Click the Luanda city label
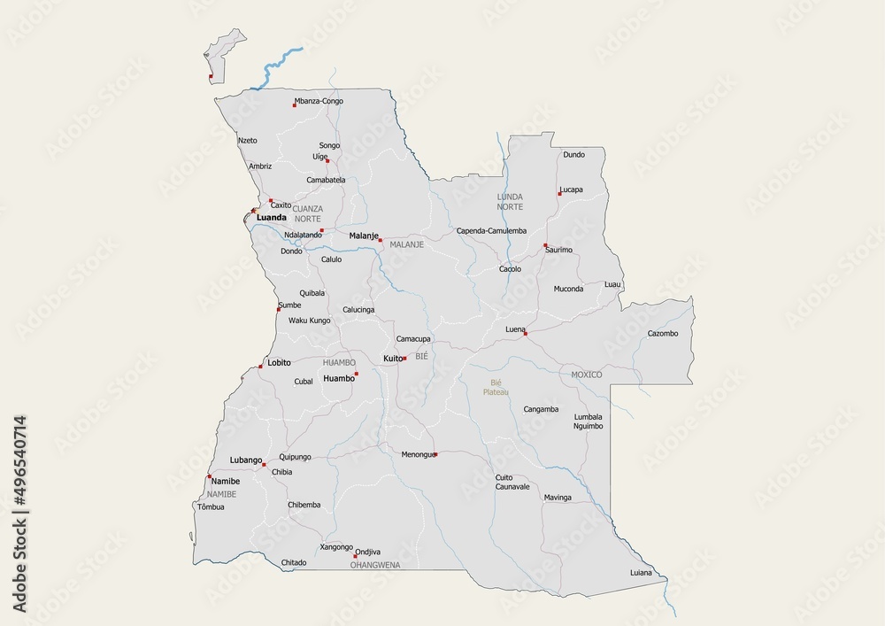point(271,217)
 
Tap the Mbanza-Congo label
point(319,101)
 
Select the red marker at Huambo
point(357,375)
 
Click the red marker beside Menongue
point(435,454)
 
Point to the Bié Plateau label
point(496,387)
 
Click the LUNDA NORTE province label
point(510,201)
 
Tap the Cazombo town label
point(662,333)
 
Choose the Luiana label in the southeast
point(641,572)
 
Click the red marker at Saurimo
point(546,245)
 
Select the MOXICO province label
point(586,375)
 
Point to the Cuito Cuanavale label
point(512,482)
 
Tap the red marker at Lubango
point(264,464)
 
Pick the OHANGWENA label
point(375,564)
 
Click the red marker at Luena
point(525,334)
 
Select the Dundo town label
point(573,154)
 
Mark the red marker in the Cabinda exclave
point(211,76)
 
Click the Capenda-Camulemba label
point(491,230)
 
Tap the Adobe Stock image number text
point(19,514)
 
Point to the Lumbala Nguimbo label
point(588,421)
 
